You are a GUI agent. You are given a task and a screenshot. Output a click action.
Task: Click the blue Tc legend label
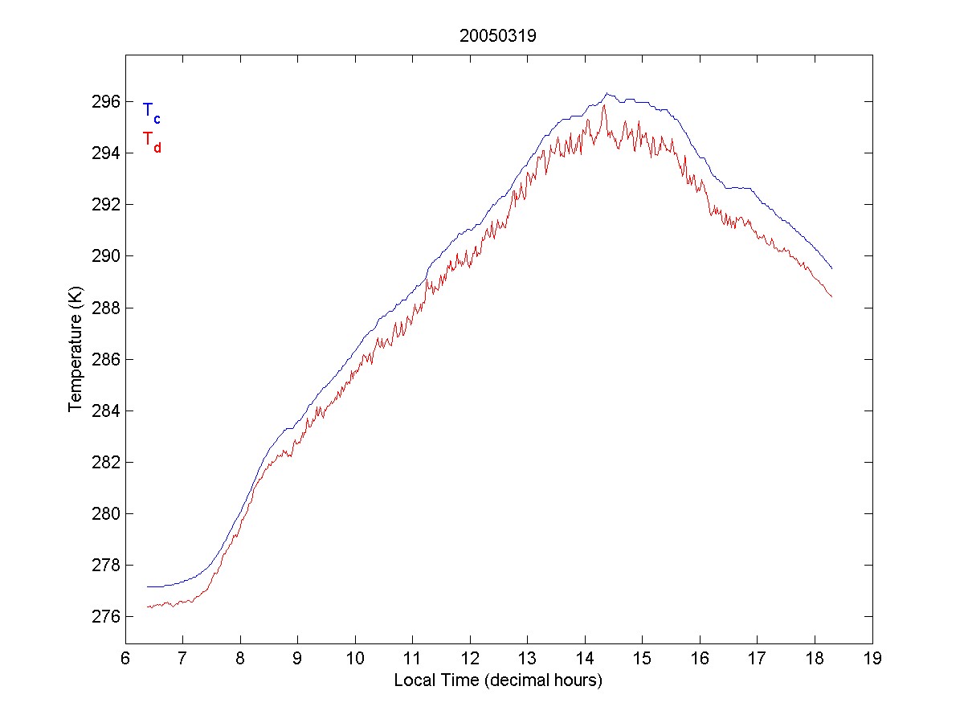pos(151,112)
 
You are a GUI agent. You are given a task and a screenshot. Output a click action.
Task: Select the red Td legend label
pos(151,141)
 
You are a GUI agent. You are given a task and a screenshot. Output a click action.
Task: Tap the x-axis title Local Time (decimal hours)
pos(498,680)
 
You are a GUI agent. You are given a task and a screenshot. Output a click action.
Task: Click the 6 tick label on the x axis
pos(125,659)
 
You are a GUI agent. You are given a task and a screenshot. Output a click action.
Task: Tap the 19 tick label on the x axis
pos(872,659)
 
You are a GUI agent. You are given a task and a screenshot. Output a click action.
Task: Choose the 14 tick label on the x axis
pos(585,659)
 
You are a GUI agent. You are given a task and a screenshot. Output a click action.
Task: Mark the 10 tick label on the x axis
pos(355,659)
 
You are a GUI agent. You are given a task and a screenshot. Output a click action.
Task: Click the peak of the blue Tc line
pos(607,93)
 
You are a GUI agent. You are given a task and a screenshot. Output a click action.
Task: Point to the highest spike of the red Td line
pos(603,105)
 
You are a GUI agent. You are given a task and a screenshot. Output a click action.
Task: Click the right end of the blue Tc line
pos(831,268)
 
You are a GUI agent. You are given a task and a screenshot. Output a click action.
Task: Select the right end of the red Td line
pos(831,297)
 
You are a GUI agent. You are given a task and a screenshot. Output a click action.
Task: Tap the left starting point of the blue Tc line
pos(148,586)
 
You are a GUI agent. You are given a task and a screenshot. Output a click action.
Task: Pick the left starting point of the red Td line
pos(148,607)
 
